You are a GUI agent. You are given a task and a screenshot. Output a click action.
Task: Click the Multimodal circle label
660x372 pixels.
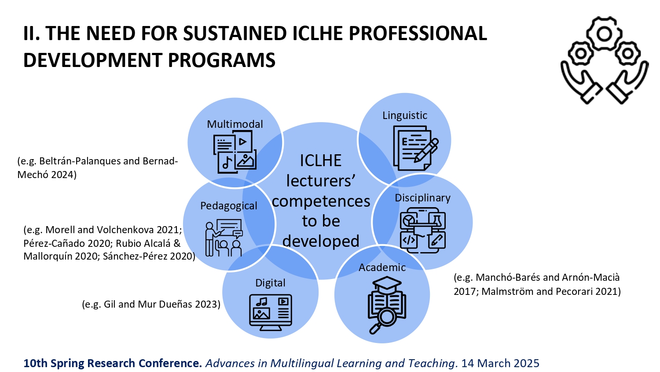pos(235,124)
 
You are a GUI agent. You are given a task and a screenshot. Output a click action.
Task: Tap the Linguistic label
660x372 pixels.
pos(405,115)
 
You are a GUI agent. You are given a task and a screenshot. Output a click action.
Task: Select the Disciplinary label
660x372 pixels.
pos(422,198)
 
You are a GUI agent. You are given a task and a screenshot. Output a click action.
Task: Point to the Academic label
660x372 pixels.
pos(382,268)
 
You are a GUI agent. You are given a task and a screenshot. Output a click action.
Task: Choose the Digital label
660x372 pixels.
pos(270,283)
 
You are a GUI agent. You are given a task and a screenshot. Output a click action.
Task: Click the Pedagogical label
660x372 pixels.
pos(229,206)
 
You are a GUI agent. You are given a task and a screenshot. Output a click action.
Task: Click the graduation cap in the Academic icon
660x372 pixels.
pos(387,284)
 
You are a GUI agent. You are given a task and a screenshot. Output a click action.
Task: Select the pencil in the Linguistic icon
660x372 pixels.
pos(426,150)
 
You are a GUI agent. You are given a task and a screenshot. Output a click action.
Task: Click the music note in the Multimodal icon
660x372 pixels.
pos(227,163)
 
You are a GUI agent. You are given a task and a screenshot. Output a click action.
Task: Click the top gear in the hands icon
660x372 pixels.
pos(604,34)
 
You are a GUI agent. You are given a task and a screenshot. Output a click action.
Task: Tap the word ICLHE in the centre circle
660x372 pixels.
pos(321,161)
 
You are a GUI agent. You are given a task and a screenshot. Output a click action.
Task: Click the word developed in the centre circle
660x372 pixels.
pos(321,242)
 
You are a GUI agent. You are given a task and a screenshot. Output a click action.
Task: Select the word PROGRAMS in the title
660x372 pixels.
pos(222,60)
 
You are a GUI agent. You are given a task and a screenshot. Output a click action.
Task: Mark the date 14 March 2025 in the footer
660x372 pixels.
pos(500,364)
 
